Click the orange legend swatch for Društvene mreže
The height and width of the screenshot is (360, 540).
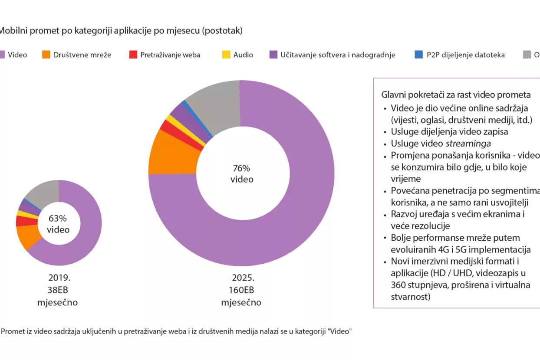point(46,55)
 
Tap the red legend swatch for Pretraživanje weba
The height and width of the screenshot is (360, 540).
point(133,55)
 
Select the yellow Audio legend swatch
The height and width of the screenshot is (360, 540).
point(226,55)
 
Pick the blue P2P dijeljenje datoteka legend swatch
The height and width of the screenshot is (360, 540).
point(419,55)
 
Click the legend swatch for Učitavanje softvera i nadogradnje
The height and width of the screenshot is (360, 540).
point(273,55)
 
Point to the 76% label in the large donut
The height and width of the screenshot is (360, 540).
point(241,168)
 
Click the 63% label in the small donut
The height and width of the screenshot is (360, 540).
point(58,219)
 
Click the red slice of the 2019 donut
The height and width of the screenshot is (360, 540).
point(26,221)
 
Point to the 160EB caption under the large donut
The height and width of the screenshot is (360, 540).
point(241,290)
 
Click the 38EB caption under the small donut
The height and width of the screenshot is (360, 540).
point(58,290)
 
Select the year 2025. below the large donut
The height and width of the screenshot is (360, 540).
point(243,278)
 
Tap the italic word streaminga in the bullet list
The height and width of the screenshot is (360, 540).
point(468,144)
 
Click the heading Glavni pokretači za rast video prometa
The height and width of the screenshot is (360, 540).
point(456,95)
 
